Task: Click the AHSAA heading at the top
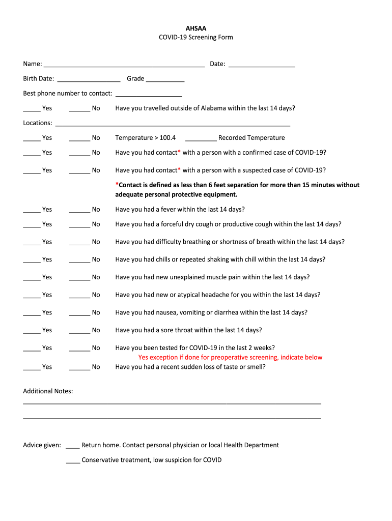[x=195, y=28]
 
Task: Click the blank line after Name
[x=124, y=65]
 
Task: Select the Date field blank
[x=262, y=65]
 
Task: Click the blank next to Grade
[x=165, y=79]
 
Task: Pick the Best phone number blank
[x=149, y=94]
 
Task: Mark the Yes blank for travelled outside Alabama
[x=32, y=109]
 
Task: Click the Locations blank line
[x=173, y=124]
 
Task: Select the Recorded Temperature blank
[x=201, y=138]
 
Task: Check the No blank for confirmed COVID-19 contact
[x=79, y=153]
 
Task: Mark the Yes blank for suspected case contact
[x=32, y=171]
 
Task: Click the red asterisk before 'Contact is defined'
[x=117, y=185]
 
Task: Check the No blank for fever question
[x=79, y=210]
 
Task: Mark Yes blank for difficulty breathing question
[x=32, y=243]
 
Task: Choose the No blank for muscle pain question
[x=79, y=278]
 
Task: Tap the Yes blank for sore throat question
[x=32, y=331]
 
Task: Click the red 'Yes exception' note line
[x=230, y=357]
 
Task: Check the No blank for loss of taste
[x=79, y=367]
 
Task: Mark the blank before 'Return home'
[x=73, y=446]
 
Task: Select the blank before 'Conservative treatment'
[x=73, y=461]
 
